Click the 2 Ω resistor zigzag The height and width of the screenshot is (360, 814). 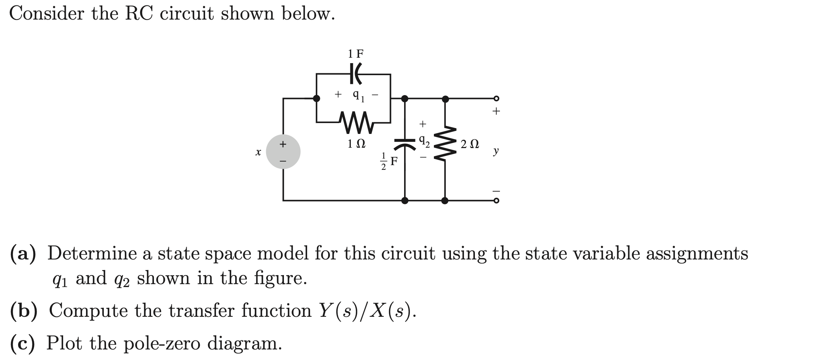coord(445,143)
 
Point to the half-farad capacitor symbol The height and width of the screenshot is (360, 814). coord(405,143)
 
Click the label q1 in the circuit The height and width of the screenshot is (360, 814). coord(359,95)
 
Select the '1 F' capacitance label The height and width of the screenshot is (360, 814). coord(355,54)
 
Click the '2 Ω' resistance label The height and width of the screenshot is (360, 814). coord(470,144)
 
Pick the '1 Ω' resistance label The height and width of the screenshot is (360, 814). coord(356,144)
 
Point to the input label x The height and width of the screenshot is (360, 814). coord(258,152)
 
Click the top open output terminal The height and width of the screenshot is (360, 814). coord(496,98)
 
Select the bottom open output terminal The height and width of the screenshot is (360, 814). coord(496,200)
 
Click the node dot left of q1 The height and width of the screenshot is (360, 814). coord(317,98)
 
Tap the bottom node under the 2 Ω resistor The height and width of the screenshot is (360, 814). coord(445,200)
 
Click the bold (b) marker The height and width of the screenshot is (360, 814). coord(24,311)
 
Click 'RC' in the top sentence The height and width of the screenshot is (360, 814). coord(139,14)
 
